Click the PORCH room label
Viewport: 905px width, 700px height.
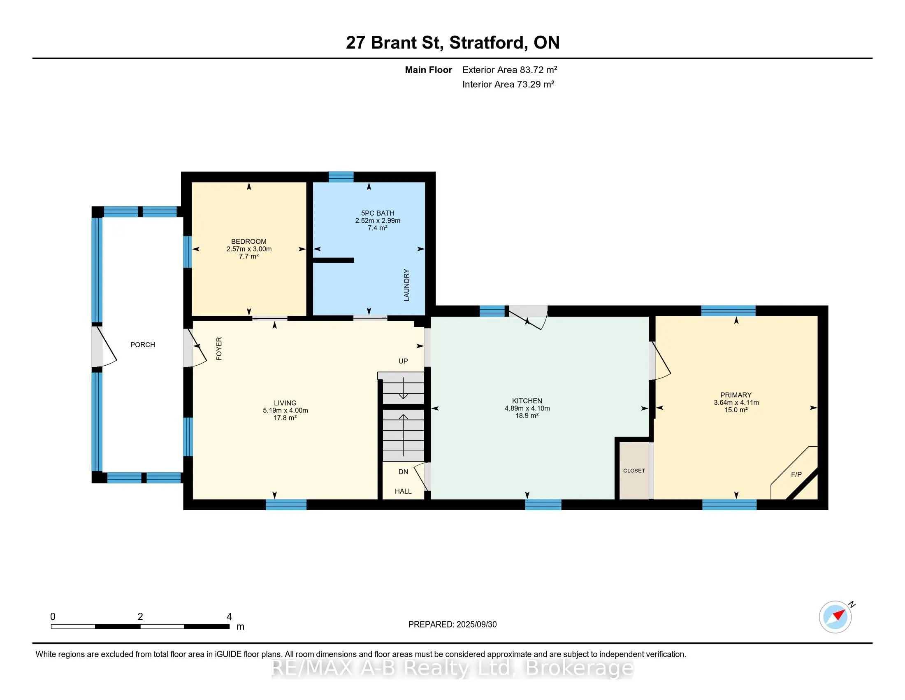(143, 345)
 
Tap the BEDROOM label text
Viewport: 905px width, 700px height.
(248, 241)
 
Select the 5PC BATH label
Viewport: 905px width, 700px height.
(378, 213)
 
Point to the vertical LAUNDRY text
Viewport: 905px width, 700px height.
(406, 285)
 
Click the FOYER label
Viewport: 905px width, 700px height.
(219, 348)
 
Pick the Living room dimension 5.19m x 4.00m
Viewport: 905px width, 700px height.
(285, 411)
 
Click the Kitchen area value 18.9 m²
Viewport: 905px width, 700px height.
(527, 415)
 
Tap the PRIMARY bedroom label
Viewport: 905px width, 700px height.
(736, 395)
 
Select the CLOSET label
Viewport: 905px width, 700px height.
(634, 471)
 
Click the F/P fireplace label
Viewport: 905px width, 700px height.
(796, 474)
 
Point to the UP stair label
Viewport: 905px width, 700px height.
(403, 361)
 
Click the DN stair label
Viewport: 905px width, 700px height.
(403, 472)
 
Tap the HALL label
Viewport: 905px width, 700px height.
(403, 491)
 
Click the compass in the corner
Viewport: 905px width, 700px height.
(835, 617)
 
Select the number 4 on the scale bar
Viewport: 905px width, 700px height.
(229, 617)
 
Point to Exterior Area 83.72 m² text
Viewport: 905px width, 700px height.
(510, 70)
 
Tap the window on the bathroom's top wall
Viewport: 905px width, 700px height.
(341, 177)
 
